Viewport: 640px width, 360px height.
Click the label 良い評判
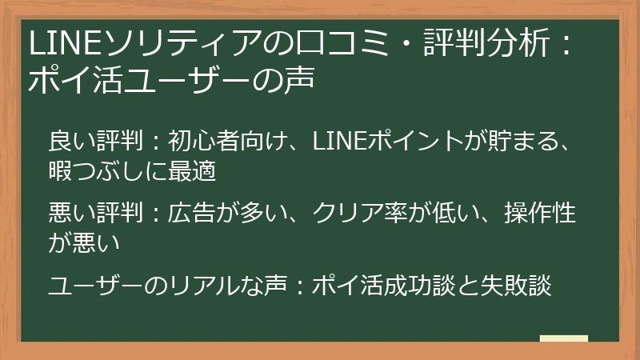click(x=95, y=142)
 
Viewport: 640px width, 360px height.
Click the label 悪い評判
click(x=95, y=214)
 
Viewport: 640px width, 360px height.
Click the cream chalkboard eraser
click(x=563, y=339)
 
